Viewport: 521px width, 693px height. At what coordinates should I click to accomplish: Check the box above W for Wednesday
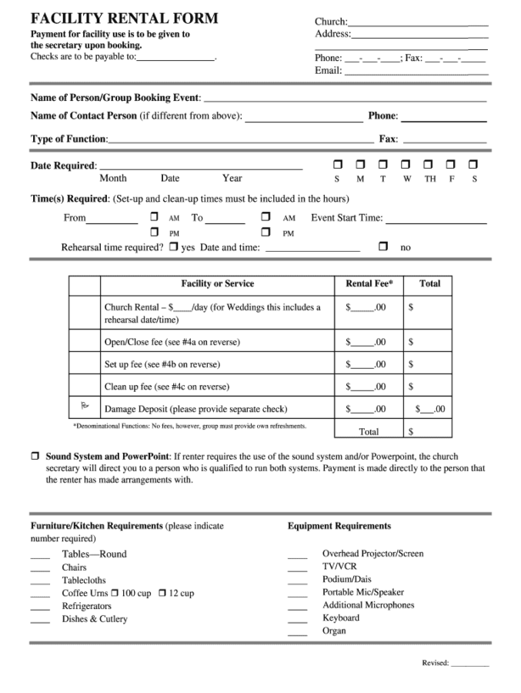406,164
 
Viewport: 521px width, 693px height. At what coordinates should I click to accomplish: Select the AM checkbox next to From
155,217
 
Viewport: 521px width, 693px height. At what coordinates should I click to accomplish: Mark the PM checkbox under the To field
266,232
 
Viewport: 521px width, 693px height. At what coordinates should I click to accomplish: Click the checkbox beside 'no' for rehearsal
383,247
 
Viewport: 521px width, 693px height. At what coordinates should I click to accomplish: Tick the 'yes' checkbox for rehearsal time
174,247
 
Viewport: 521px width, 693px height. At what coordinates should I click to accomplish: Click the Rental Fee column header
369,283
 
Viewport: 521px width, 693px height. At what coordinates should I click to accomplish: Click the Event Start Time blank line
436,223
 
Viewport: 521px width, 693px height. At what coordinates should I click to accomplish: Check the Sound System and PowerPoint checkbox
35,456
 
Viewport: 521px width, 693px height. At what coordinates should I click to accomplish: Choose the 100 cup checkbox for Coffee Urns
115,593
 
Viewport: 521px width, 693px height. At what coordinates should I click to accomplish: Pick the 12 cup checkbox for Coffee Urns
162,593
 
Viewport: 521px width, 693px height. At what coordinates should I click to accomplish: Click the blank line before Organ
297,634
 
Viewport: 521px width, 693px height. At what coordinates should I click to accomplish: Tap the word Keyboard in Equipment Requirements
340,618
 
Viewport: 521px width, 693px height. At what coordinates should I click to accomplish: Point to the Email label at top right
328,71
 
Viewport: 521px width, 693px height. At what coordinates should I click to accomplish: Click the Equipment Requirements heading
339,526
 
